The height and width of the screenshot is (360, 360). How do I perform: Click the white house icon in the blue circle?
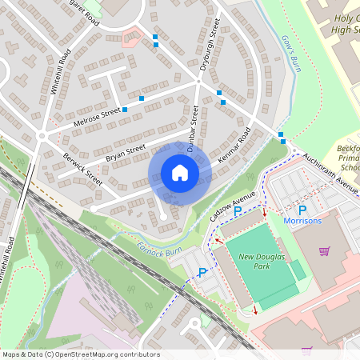[x=180, y=172]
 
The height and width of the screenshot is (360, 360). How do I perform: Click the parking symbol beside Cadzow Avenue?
[x=237, y=211]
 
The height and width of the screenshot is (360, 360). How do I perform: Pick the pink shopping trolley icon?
[x=324, y=251]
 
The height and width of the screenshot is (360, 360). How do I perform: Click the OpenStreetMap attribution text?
[x=80, y=354]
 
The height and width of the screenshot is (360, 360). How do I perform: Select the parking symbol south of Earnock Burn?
[x=202, y=273]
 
